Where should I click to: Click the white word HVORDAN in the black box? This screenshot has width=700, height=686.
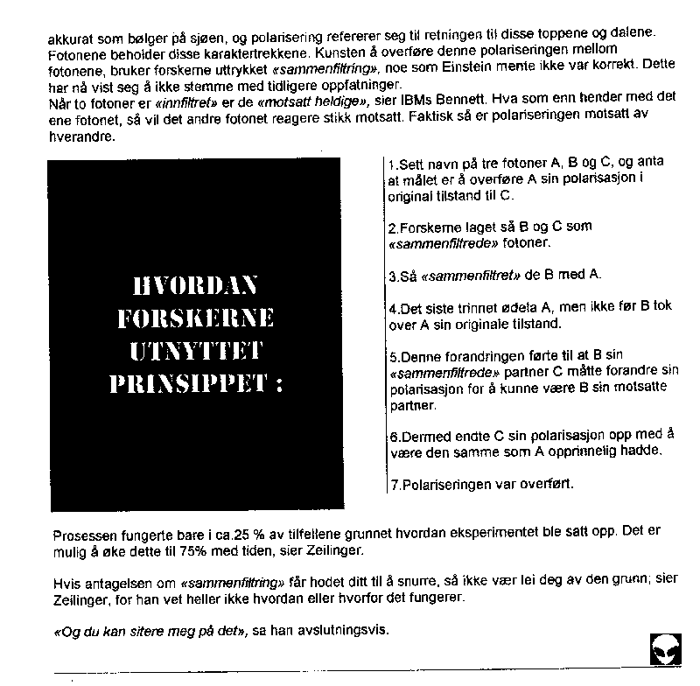point(194,285)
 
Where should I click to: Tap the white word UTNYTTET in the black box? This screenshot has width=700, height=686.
point(194,352)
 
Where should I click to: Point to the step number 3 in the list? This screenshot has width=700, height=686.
point(393,275)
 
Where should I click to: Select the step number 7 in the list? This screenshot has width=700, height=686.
point(392,484)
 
